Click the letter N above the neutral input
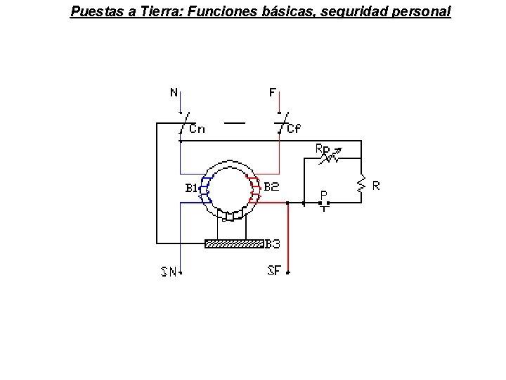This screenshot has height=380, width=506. pos(174,92)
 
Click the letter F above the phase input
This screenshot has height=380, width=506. pos(273,92)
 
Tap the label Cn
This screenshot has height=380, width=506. pos(197,129)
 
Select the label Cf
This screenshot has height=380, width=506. pos(294,129)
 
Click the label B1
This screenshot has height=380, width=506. pos(191,189)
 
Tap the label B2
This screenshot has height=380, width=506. pos(271,187)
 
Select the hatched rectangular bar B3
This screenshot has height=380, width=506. pos(234,244)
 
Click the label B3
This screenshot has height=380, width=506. pos(273,244)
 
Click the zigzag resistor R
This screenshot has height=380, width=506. pos(361,184)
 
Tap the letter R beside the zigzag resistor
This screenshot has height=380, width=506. pos(377,186)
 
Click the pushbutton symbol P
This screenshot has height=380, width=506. pos(324,204)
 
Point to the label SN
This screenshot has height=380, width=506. pos(169,272)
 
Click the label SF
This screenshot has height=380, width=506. pos(275,270)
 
